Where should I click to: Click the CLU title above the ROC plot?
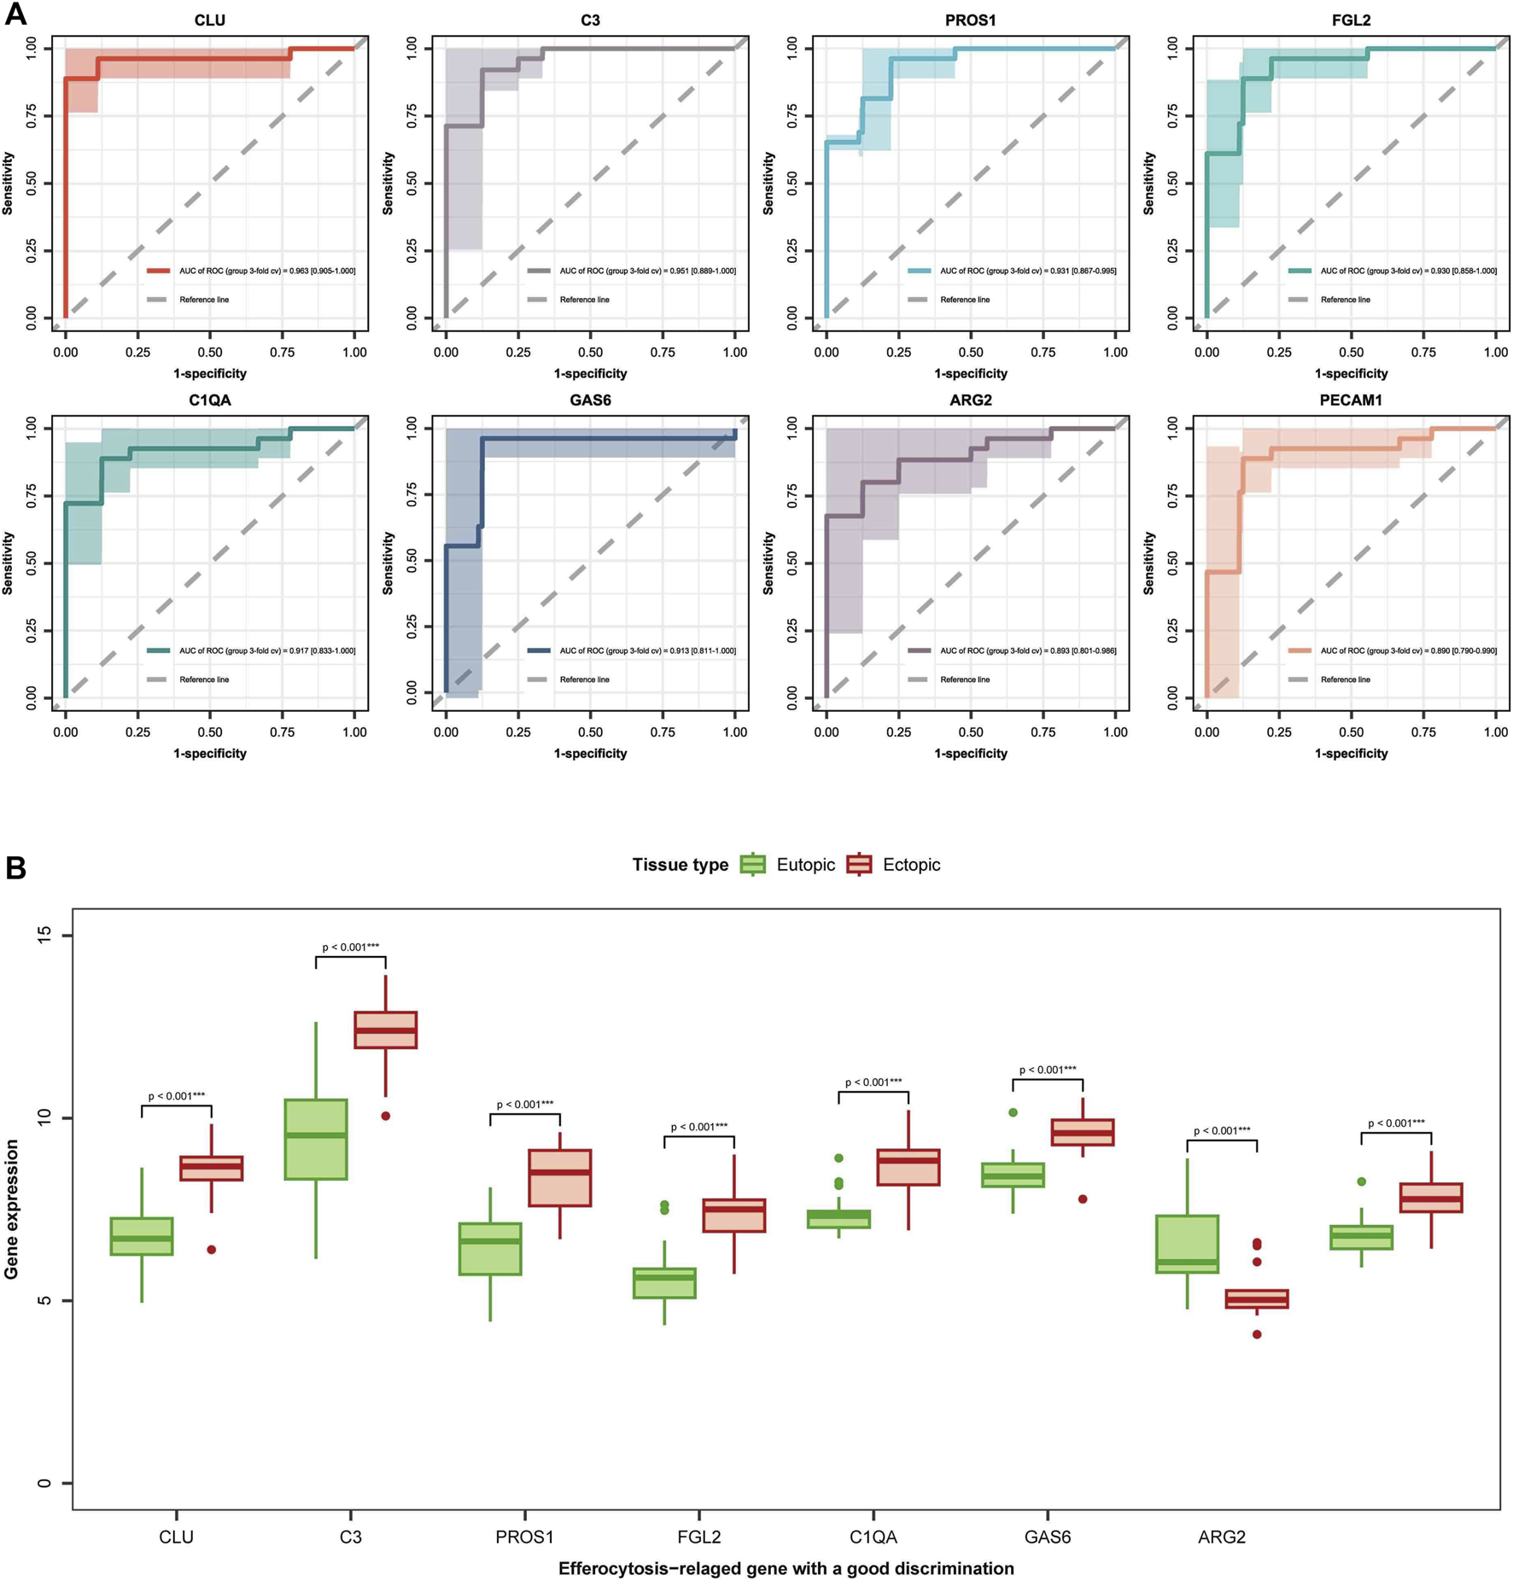click(x=209, y=20)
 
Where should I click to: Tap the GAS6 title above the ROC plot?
click(x=590, y=400)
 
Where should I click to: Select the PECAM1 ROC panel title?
click(x=1350, y=400)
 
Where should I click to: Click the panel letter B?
click(x=15, y=868)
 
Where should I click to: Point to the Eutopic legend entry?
click(x=805, y=865)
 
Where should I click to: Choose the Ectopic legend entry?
click(x=911, y=865)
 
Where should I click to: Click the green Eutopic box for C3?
click(x=316, y=1139)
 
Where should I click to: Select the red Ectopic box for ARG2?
click(x=1257, y=1298)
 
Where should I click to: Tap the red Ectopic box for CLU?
click(x=212, y=1168)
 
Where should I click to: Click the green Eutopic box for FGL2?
click(x=664, y=1283)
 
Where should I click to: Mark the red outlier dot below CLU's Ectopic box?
click(x=212, y=1249)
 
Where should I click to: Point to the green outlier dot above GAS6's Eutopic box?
click(x=1013, y=1112)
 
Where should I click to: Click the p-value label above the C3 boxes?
click(x=351, y=947)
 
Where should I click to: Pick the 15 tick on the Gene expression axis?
click(x=44, y=936)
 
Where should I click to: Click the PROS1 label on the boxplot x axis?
click(x=524, y=1537)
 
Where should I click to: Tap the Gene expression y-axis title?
click(x=12, y=1209)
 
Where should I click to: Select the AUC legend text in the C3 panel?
click(x=647, y=271)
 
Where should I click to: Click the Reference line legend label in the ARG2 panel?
click(x=965, y=680)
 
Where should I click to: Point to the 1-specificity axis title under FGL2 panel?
click(x=1351, y=373)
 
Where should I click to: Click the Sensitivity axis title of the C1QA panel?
click(x=9, y=563)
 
